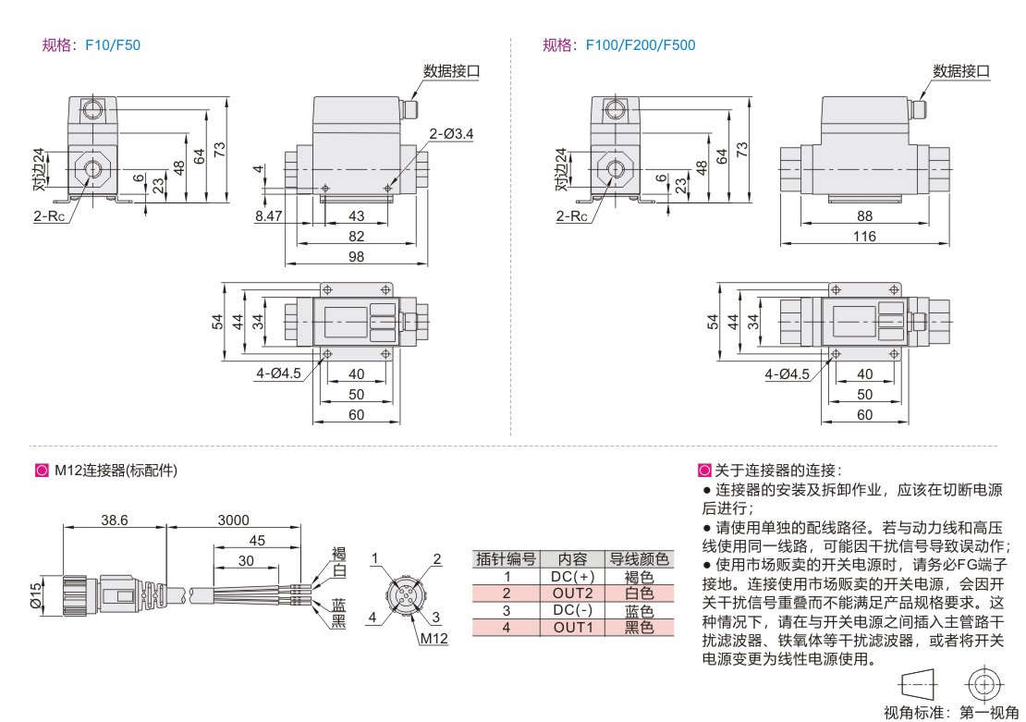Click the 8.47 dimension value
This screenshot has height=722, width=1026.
click(269, 215)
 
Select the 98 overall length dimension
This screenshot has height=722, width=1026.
click(357, 257)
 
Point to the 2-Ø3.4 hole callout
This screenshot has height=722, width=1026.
click(452, 134)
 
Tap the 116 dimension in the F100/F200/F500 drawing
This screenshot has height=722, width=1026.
click(864, 238)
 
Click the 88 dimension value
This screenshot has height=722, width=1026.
click(864, 215)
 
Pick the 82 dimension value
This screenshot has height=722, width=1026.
click(357, 237)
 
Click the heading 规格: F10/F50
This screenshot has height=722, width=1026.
click(92, 44)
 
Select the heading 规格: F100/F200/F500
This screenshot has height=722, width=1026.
click(619, 44)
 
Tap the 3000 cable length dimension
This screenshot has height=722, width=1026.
click(233, 520)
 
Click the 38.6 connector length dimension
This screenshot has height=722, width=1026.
click(114, 520)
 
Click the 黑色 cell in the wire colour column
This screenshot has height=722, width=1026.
click(639, 628)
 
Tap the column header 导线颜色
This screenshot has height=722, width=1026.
click(639, 559)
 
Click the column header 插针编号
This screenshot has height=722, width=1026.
click(506, 559)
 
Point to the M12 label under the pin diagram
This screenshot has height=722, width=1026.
click(434, 638)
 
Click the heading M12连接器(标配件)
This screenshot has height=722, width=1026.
click(116, 471)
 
